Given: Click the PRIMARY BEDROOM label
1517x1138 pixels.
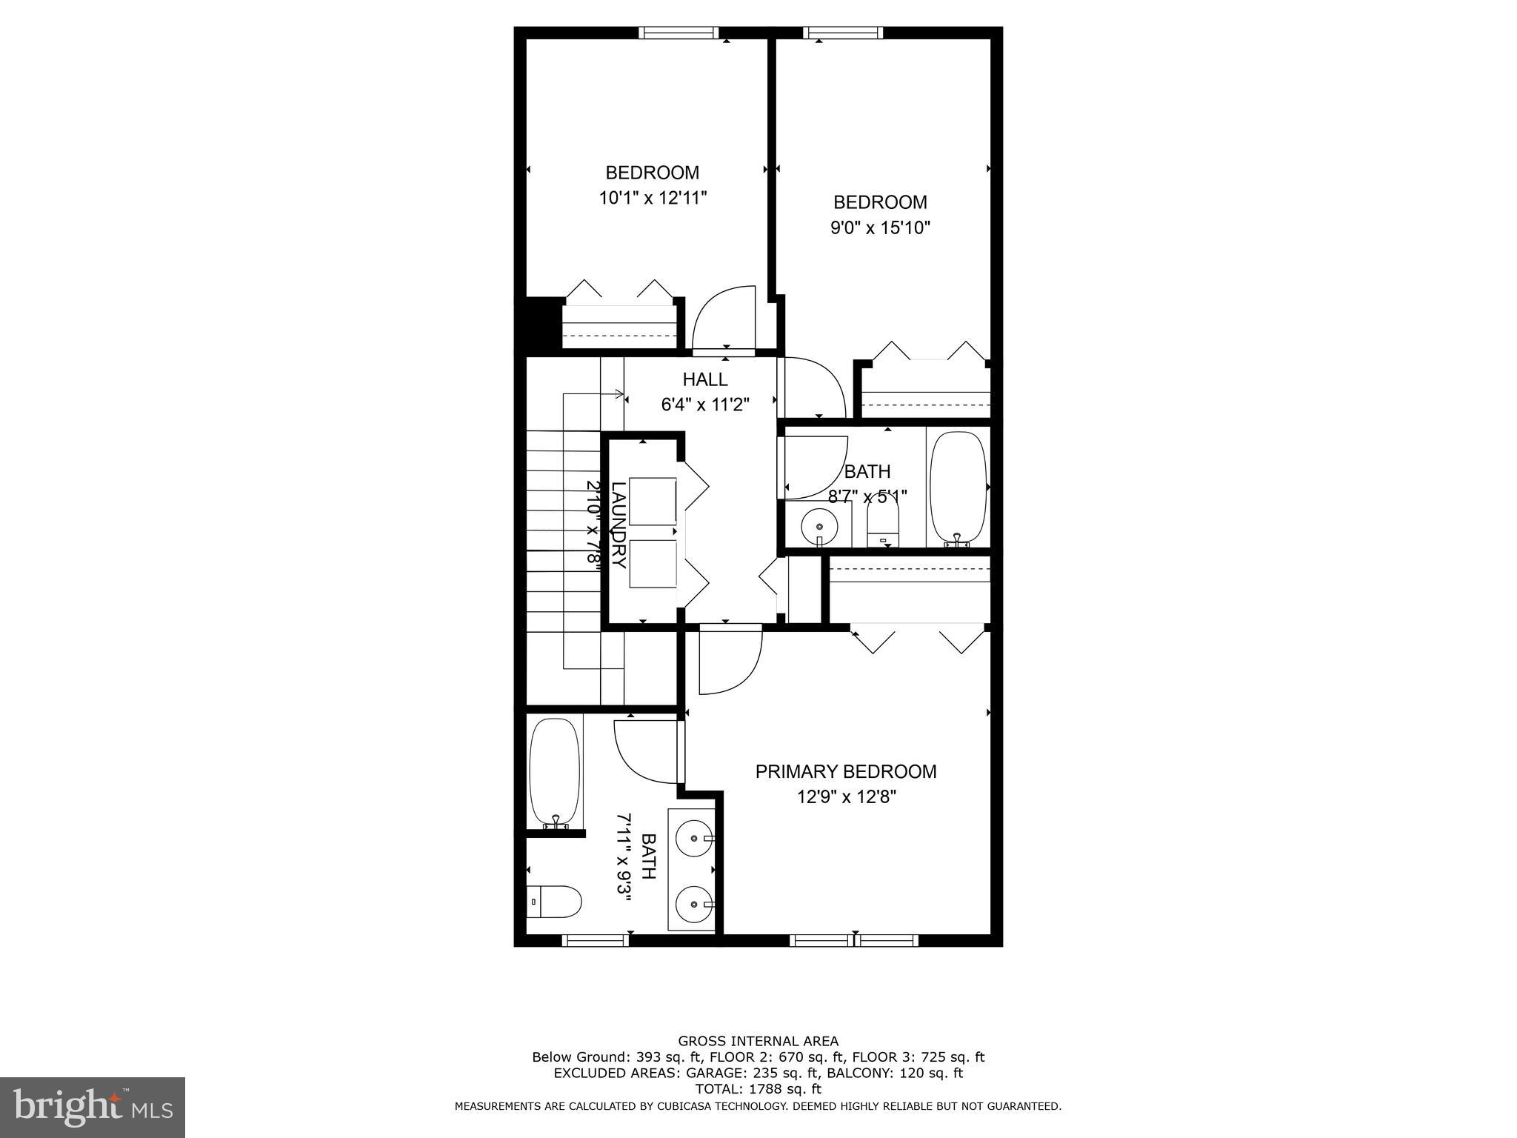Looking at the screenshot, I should [845, 771].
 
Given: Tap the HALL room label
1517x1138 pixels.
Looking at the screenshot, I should [705, 379].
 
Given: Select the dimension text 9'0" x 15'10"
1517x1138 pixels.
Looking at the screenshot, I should [880, 227].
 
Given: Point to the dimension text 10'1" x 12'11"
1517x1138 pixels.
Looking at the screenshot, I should [653, 198].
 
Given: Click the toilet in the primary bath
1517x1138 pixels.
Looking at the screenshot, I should [554, 901].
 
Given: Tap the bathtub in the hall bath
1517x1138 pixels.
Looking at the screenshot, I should [958, 488].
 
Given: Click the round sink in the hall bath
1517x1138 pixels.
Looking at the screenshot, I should [819, 526].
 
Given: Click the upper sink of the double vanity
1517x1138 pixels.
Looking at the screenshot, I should [695, 838].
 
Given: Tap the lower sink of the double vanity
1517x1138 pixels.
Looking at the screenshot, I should [695, 904].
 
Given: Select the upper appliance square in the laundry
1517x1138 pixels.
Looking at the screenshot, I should [653, 502].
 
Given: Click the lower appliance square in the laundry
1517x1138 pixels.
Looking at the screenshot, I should [653, 564].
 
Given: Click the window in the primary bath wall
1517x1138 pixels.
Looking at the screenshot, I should [596, 940].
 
